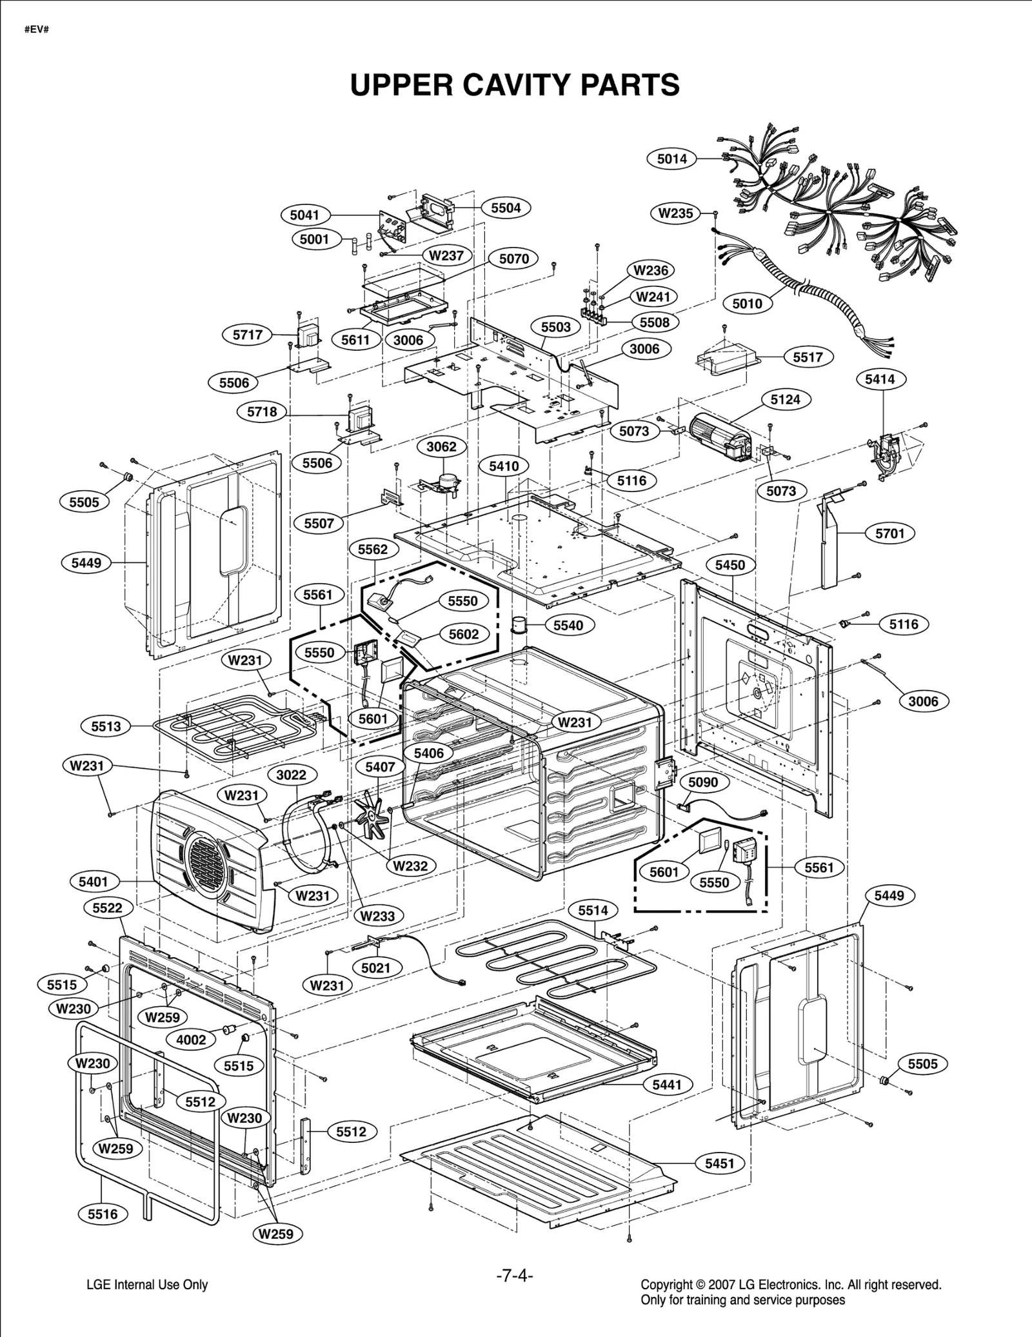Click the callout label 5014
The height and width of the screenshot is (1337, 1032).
[671, 159]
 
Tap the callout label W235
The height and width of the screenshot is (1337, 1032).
[675, 213]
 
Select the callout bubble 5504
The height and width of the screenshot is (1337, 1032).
[506, 208]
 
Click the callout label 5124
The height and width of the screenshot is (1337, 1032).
[785, 399]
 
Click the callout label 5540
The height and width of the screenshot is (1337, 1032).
[568, 625]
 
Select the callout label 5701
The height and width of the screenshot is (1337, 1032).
[889, 533]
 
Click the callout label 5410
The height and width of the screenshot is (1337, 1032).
[504, 466]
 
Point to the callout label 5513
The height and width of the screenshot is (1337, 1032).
[106, 726]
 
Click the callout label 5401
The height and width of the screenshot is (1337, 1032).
[94, 881]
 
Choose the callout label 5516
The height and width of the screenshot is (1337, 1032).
[103, 1214]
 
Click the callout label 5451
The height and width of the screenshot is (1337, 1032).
[719, 1164]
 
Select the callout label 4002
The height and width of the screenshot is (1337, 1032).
[191, 1039]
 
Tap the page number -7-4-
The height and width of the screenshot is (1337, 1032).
[514, 1276]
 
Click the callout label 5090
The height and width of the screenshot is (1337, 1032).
[702, 782]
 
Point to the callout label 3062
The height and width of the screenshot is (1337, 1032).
[441, 446]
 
